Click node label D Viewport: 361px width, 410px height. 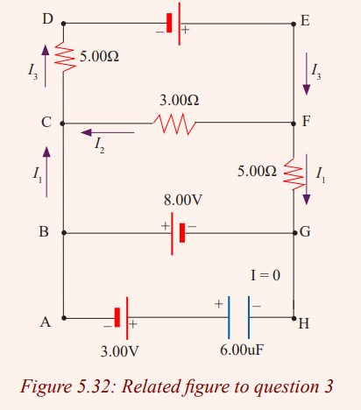tap(48, 19)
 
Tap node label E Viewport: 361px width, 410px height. tap(305, 21)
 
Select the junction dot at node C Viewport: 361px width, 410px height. tap(62, 124)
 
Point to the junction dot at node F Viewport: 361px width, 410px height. tap(294, 124)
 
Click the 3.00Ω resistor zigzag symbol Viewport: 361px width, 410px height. tap(174, 124)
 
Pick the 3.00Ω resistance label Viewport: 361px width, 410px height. tap(180, 100)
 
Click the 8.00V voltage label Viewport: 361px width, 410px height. tap(183, 200)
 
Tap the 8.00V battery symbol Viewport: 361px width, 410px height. tap(178, 233)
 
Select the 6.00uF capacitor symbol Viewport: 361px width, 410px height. tap(239, 317)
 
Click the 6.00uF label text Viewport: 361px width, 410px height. tap(242, 350)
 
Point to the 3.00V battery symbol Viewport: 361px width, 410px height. tap(122, 318)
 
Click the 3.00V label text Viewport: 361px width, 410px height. tap(119, 351)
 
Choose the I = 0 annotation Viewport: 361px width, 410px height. tap(265, 275)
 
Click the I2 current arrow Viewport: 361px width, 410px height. tap(108, 132)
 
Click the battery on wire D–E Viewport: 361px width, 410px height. tap(174, 24)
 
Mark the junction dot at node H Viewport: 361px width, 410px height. tap(294, 318)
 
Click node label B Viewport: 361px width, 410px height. tap(44, 231)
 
